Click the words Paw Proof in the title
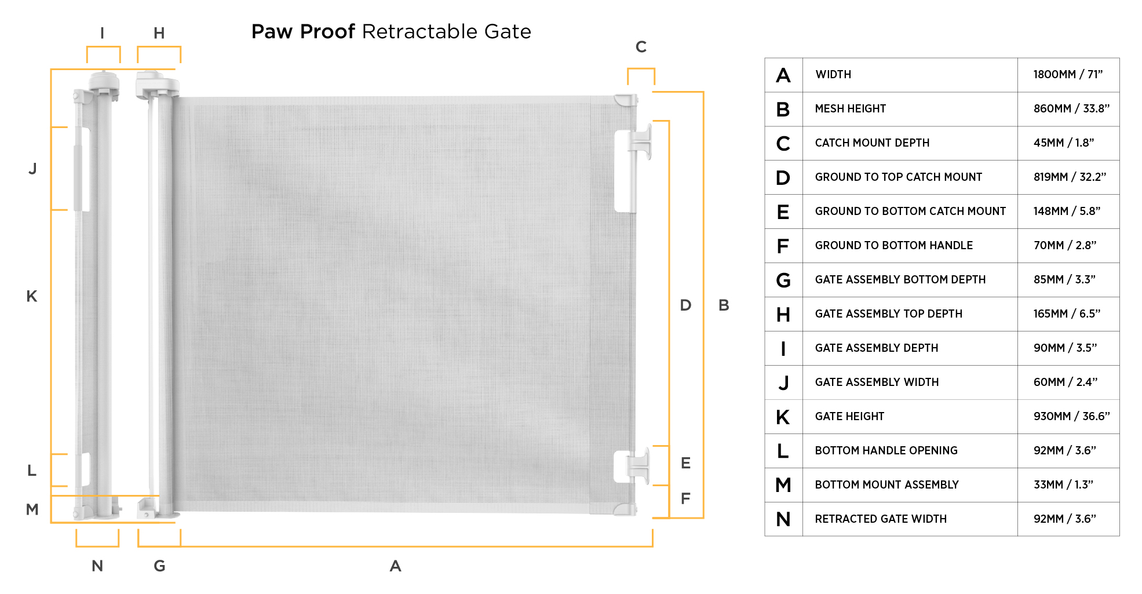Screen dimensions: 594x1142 click(303, 32)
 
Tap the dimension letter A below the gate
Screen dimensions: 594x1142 click(395, 566)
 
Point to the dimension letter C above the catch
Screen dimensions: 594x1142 click(641, 47)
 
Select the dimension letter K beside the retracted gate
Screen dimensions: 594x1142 click(32, 297)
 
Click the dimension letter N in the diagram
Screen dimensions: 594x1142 click(97, 566)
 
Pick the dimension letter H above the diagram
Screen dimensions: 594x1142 click(159, 33)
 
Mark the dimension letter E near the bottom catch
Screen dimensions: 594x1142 click(685, 463)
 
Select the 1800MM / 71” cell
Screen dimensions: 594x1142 click(1068, 75)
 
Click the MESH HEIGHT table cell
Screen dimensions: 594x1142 click(850, 109)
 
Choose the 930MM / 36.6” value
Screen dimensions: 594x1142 click(1071, 417)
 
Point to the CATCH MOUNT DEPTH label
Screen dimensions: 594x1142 click(872, 143)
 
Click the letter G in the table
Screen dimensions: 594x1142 click(783, 280)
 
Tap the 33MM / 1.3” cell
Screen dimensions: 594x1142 click(1063, 485)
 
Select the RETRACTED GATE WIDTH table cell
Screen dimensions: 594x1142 click(881, 519)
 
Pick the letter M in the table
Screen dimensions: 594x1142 click(783, 485)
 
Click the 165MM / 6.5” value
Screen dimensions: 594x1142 click(1067, 314)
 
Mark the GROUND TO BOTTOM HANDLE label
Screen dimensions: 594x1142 click(893, 246)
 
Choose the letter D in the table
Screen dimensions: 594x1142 click(783, 177)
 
